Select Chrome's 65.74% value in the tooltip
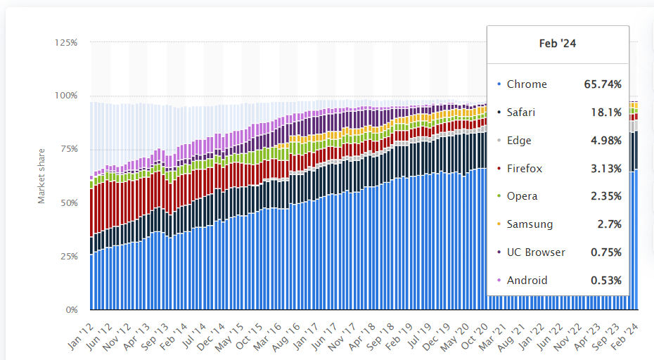coord(603,84)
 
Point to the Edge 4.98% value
coord(605,141)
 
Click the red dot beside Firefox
coord(499,169)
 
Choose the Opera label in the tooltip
coord(522,196)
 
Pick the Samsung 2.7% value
coord(609,224)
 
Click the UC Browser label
coord(536,252)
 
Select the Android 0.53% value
coord(605,281)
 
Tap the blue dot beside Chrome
coord(499,84)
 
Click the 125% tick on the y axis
coord(66,43)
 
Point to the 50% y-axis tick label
coord(68,203)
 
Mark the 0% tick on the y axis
coord(71,310)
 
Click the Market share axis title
coord(41,176)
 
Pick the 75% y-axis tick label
coord(68,150)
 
